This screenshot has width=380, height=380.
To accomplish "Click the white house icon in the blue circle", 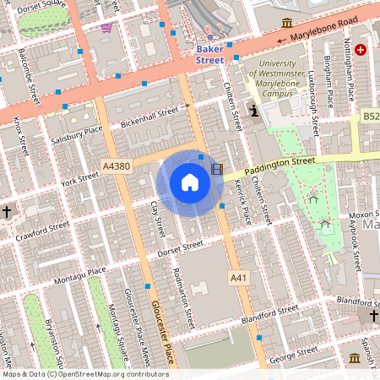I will [190, 182].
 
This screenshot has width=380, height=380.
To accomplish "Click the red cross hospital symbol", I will [362, 51].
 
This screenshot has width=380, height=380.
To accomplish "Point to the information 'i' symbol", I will [255, 110].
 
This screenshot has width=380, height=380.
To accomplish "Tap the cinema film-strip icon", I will [219, 170].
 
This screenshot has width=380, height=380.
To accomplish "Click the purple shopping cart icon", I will [106, 28].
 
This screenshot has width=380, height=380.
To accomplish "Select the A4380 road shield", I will [115, 166].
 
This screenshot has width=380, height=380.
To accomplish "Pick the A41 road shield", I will [238, 277].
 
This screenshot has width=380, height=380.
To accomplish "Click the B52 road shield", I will [372, 115].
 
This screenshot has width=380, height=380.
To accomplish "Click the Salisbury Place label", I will [76, 134].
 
